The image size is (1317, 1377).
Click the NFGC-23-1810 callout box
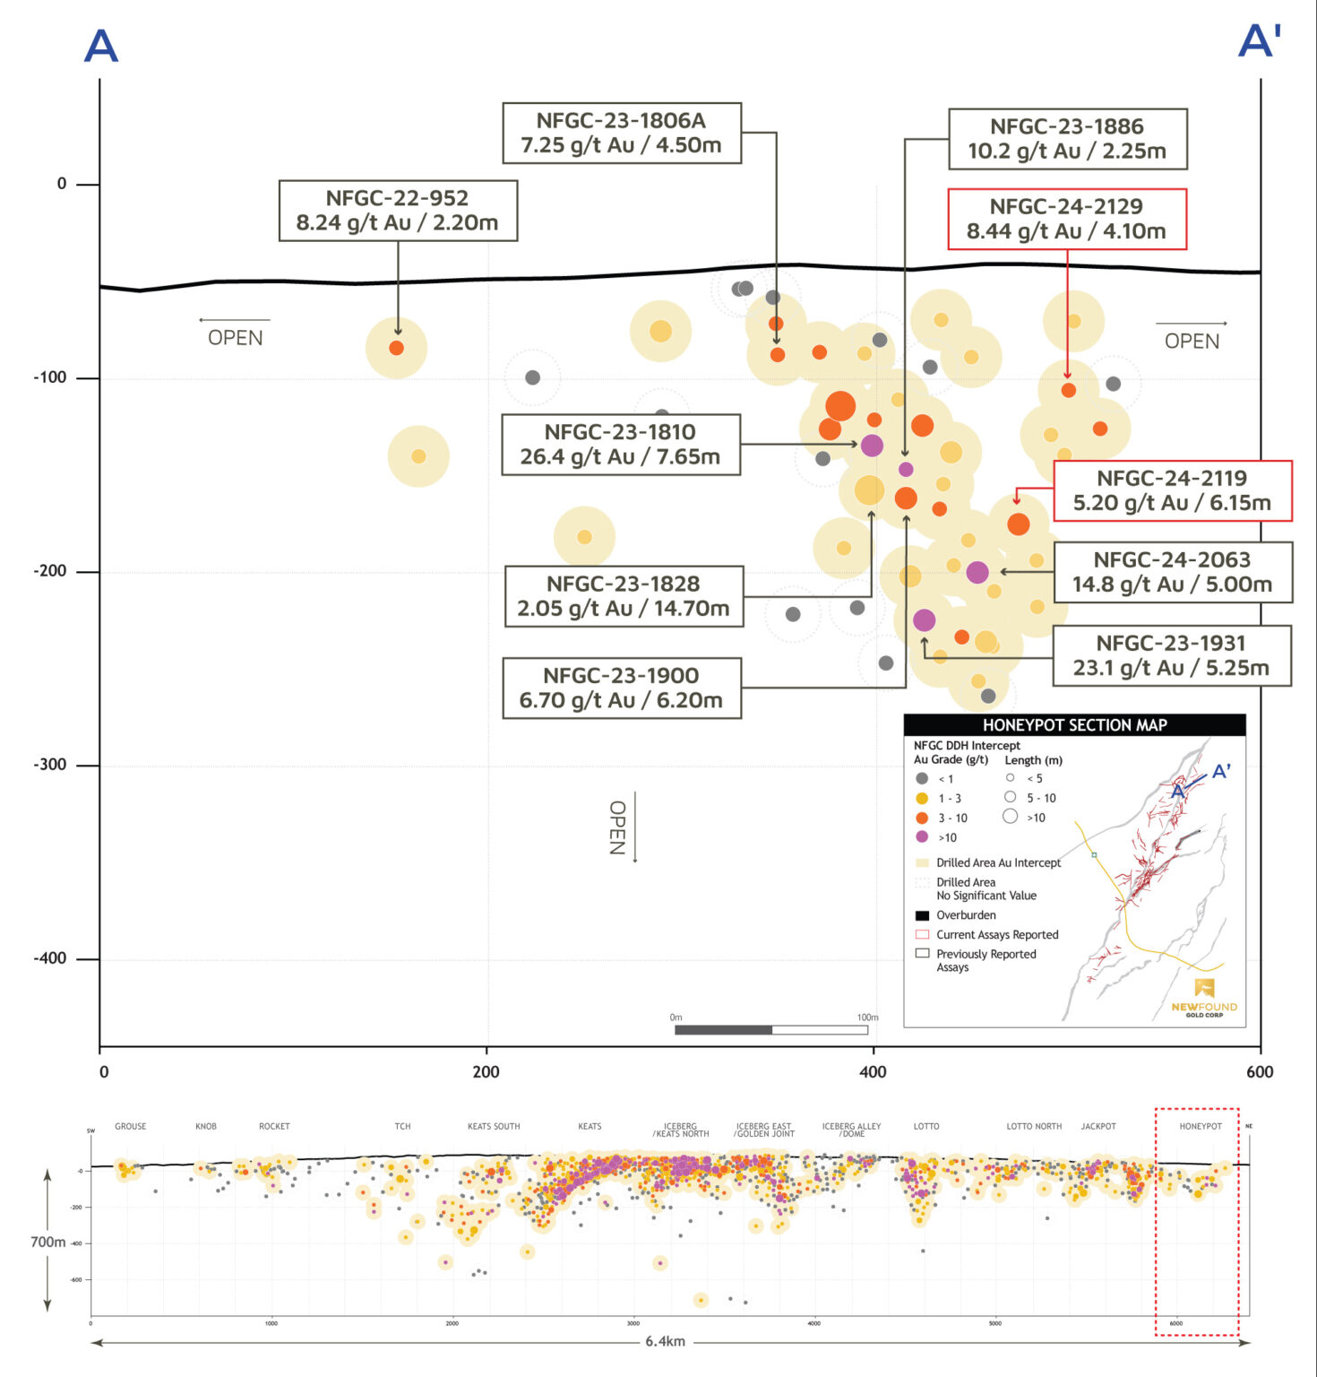click(x=620, y=445)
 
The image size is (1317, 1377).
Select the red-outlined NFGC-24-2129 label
click(x=1066, y=219)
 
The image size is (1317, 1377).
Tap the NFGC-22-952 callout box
click(x=398, y=211)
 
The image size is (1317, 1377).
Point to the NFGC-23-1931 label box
click(x=1171, y=656)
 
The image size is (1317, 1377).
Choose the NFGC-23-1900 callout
click(x=621, y=688)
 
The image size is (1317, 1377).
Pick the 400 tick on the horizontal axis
click(x=872, y=1071)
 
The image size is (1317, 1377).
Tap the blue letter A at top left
click(x=101, y=46)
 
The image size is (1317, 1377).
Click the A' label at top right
click(x=1259, y=41)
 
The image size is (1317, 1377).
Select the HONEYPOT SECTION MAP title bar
click(x=1074, y=725)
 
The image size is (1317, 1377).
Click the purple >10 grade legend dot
click(x=922, y=837)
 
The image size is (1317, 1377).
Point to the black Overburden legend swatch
click(x=922, y=915)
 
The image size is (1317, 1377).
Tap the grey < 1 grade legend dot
click(x=922, y=778)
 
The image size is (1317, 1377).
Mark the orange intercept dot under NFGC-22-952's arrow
click(x=396, y=348)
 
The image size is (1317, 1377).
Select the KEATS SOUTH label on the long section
click(x=494, y=1127)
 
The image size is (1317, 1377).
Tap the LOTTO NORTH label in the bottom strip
click(x=1034, y=1127)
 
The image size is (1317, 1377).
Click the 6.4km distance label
click(x=665, y=1342)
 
